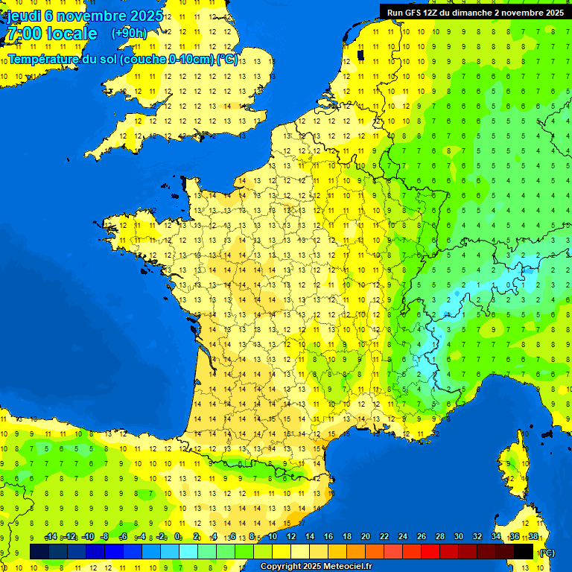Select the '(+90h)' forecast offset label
(x=129, y=33)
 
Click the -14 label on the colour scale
(x=51, y=536)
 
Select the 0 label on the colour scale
(x=177, y=536)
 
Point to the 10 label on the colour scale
(x=273, y=536)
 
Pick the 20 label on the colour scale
(x=366, y=536)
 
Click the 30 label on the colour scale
(x=459, y=536)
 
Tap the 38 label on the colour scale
(x=533, y=536)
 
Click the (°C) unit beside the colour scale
(x=547, y=552)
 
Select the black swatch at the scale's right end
(x=524, y=551)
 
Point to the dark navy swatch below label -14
(x=39, y=551)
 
